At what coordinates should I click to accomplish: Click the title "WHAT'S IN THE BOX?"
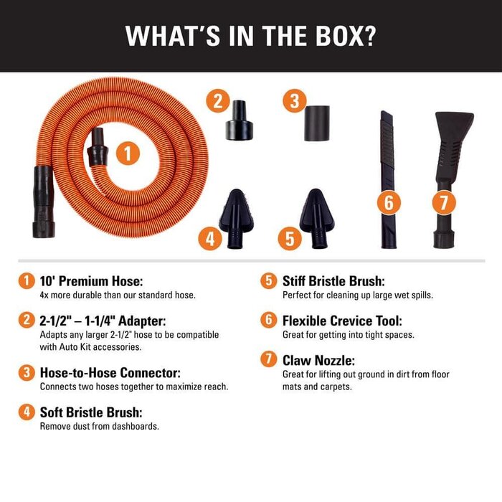tap(250, 36)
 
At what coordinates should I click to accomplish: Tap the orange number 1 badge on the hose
tap(126, 153)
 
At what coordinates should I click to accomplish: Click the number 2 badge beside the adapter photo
tap(218, 101)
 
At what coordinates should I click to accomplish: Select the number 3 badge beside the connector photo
tap(292, 101)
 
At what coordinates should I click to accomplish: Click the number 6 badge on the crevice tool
tap(388, 202)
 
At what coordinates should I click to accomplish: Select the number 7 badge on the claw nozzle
tap(443, 202)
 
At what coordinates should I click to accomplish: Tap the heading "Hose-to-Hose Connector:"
tap(110, 373)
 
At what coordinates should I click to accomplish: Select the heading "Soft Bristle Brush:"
tap(90, 412)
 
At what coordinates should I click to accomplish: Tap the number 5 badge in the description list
tap(268, 280)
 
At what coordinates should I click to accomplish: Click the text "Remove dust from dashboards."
tap(99, 426)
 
